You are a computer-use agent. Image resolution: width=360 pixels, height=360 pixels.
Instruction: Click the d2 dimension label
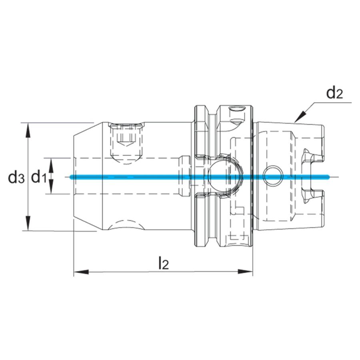click(335, 93)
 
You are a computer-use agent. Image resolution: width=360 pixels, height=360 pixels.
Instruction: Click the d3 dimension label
click(16, 177)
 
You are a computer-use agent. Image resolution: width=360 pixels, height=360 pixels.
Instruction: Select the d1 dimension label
click(39, 176)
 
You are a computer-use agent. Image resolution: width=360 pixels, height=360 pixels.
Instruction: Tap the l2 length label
click(163, 263)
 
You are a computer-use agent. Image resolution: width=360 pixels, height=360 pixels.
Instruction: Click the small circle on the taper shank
click(273, 175)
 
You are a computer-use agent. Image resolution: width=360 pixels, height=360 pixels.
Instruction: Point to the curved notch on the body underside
click(125, 225)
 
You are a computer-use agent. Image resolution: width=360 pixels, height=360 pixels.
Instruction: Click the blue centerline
click(160, 177)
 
